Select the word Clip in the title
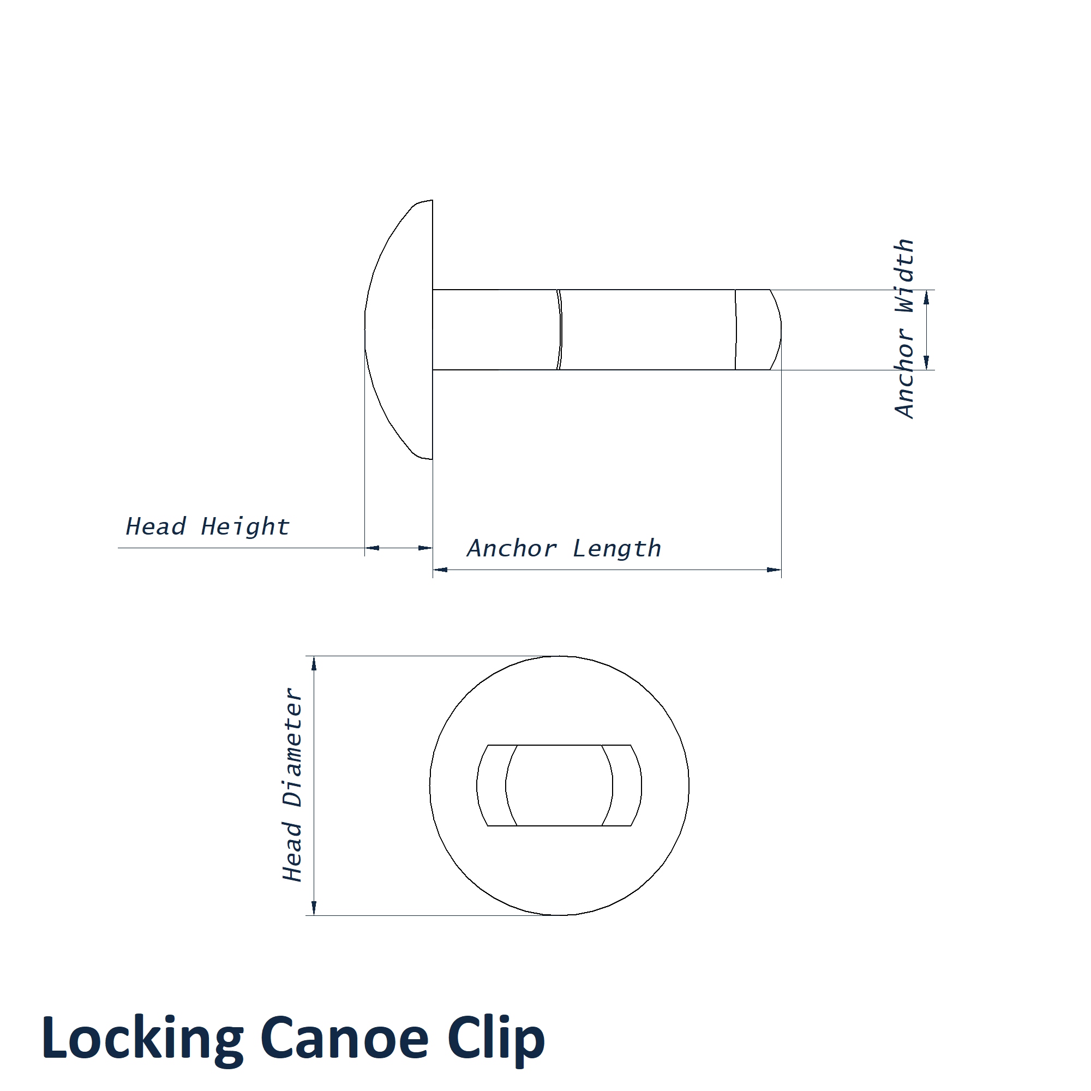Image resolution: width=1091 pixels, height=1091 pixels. point(496,1038)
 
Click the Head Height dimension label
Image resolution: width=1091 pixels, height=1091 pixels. point(207,526)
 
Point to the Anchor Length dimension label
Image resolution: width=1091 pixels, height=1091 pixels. point(564,548)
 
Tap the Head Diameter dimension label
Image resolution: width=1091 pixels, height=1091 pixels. point(292,786)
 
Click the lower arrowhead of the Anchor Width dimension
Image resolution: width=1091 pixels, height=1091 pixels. point(926,363)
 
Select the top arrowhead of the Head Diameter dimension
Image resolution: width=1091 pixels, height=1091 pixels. point(314,663)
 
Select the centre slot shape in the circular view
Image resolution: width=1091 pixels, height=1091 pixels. point(559,786)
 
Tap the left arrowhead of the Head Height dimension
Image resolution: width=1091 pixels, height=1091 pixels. point(372,548)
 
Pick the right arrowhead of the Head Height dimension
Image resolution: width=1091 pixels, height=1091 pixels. point(425,548)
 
